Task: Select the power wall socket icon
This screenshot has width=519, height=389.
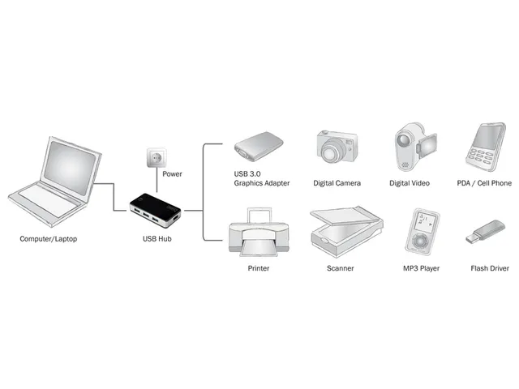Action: [x=157, y=156]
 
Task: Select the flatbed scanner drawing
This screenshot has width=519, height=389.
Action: [x=340, y=231]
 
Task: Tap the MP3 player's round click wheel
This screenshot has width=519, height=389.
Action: [x=421, y=242]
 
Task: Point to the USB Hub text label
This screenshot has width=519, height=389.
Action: [x=157, y=240]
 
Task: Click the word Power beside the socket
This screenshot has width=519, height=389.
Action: [x=172, y=174]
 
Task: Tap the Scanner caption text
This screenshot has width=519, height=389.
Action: [x=340, y=268]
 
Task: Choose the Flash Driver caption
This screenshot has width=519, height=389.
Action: [x=491, y=268]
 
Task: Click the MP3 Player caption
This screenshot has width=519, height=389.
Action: [x=421, y=268]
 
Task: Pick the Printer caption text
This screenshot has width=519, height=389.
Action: [x=258, y=268]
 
